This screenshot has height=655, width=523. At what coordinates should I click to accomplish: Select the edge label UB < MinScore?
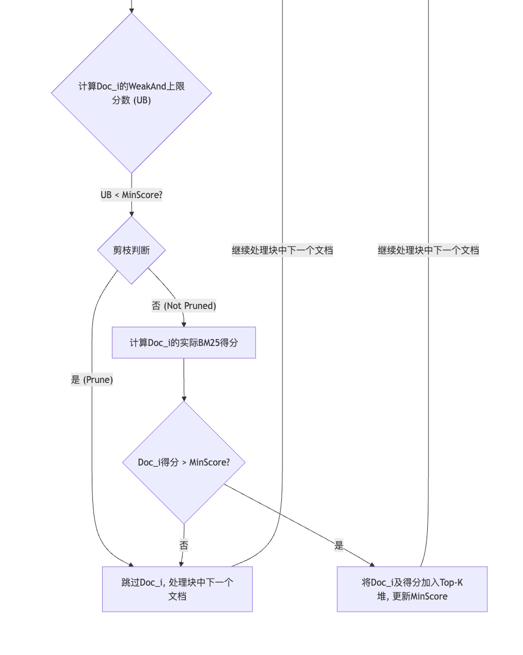tap(132, 195)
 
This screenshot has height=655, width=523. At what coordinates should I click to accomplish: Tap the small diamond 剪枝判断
tap(132, 250)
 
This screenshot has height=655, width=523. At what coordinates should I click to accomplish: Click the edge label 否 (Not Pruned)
tap(184, 306)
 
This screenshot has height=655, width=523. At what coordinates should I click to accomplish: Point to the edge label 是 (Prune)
tap(92, 379)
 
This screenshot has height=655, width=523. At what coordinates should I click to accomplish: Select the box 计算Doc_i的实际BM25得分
tap(184, 343)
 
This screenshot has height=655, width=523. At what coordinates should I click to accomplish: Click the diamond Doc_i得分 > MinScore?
tap(184, 462)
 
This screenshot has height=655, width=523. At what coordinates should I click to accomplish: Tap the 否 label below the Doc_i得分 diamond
tap(184, 545)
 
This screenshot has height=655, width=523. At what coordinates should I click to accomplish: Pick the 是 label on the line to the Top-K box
tap(339, 545)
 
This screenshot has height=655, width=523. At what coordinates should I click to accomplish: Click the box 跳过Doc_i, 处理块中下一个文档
tap(177, 589)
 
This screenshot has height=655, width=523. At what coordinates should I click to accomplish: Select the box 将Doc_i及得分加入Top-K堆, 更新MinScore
tap(412, 589)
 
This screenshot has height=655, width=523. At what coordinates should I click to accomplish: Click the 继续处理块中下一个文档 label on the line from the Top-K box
tap(428, 250)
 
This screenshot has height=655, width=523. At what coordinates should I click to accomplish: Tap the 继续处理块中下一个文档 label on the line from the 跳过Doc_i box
tap(282, 250)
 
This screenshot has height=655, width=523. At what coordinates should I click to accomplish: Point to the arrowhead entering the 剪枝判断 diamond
tap(132, 213)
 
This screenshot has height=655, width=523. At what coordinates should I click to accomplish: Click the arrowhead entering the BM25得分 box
tap(184, 323)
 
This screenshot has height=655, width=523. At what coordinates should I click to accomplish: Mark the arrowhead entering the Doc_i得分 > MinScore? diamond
tap(184, 398)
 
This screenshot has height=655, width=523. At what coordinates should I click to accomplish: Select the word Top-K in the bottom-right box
tap(451, 582)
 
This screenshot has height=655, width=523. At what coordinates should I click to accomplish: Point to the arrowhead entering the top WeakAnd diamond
tap(132, 10)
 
